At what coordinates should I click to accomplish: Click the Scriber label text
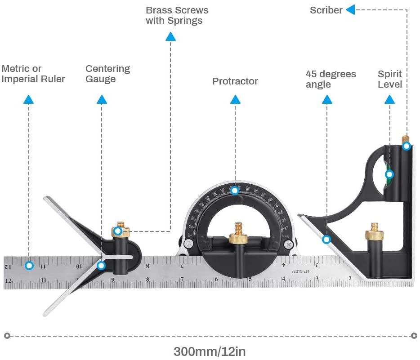[326, 10]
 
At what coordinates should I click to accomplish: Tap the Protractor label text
[235, 81]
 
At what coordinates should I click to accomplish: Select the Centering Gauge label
[108, 74]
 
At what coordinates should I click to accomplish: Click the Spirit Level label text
[390, 79]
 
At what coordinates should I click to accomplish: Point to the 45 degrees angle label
[331, 79]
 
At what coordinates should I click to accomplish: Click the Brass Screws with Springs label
[177, 15]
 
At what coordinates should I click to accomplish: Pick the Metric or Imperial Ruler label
[33, 74]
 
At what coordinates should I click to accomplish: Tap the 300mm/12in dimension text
[210, 351]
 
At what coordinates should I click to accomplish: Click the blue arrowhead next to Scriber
[350, 9]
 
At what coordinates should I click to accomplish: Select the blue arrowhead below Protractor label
[235, 99]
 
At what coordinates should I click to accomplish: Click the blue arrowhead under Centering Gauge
[102, 99]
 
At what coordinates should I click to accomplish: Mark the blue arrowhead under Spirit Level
[390, 99]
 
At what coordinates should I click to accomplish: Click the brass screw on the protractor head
[238, 237]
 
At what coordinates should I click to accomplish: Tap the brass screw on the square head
[374, 234]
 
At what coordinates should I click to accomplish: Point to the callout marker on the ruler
[29, 265]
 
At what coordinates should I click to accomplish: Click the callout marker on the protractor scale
[234, 191]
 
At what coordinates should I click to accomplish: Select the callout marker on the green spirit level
[389, 174]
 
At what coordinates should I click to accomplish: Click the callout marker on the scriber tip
[406, 146]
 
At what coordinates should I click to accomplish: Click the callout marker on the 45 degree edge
[326, 240]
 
